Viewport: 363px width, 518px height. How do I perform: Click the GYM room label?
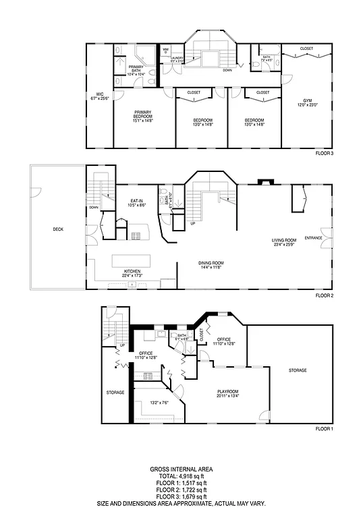pos(307,96)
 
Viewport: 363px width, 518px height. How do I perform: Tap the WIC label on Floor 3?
pos(100,95)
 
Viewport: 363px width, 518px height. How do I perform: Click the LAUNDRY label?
pos(177,59)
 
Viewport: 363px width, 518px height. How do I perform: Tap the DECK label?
pos(58,229)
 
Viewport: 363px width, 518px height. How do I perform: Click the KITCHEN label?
pos(132,271)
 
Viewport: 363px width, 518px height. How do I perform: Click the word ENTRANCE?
pos(314,237)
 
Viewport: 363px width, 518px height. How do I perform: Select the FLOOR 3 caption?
pos(325,153)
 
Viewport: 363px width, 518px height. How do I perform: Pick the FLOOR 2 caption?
pos(325,295)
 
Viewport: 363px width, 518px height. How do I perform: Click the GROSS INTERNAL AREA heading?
pos(181,468)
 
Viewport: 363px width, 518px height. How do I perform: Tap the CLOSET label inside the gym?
pos(306,49)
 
